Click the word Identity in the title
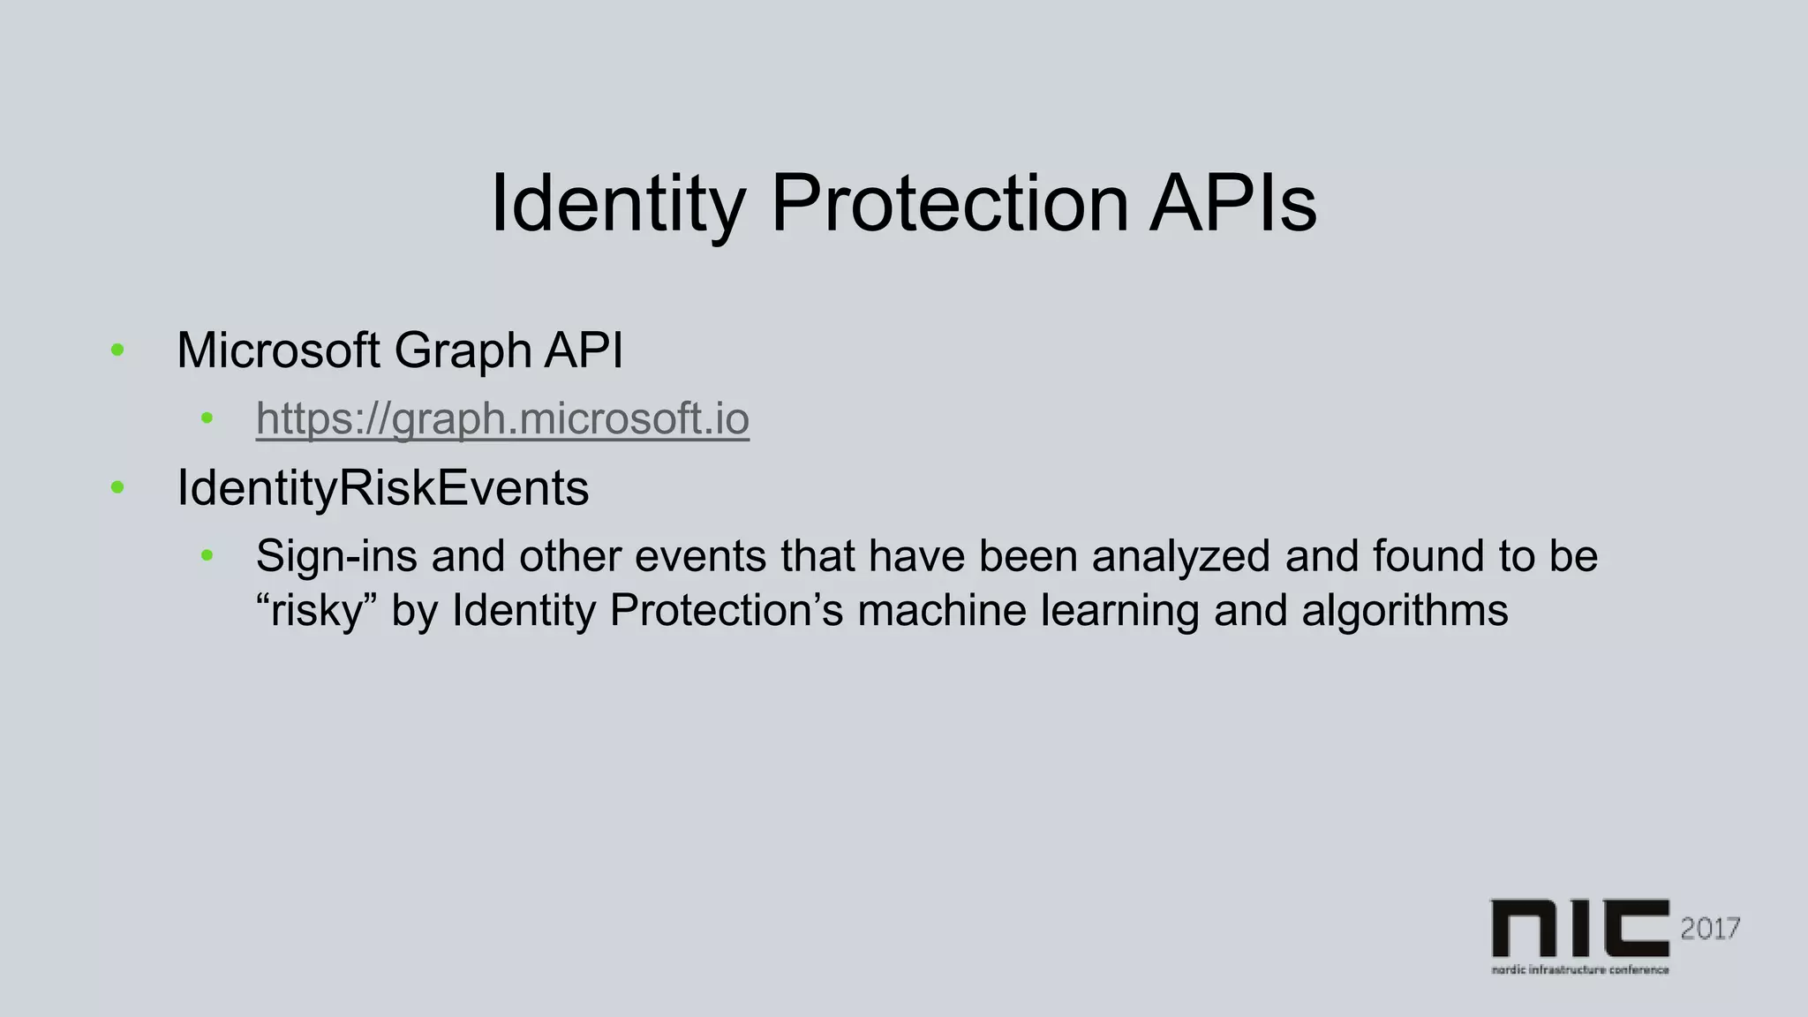pos(618,204)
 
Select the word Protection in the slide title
pos(950,204)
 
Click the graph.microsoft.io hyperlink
pos(502,418)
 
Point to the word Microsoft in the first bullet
pos(278,350)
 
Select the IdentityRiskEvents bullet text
pos(382,488)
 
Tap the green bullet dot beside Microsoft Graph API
pos(117,351)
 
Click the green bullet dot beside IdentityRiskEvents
pos(117,487)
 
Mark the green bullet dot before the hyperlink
pos(207,418)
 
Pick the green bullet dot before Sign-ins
pos(207,556)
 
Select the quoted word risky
pos(316,611)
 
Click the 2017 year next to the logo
pos(1710,929)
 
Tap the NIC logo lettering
pos(1579,928)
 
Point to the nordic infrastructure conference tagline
pos(1579,969)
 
